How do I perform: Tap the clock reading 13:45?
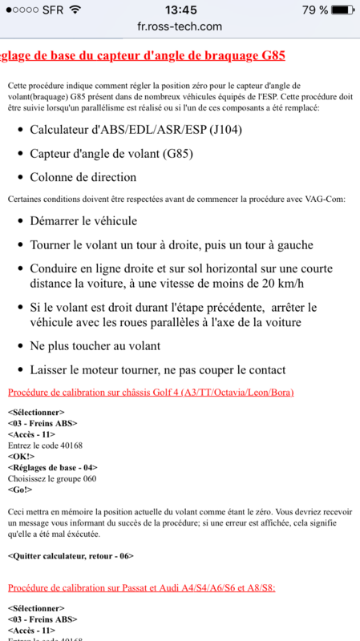coord(180,10)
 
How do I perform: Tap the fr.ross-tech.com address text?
coord(180,26)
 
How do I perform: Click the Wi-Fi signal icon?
coord(75,10)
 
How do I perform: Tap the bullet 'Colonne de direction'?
coord(83,177)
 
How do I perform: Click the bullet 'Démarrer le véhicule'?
coord(83,220)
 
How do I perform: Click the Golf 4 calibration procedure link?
coord(150,393)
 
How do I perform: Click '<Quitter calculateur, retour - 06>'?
coord(71,555)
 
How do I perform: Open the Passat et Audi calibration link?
coord(141,587)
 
